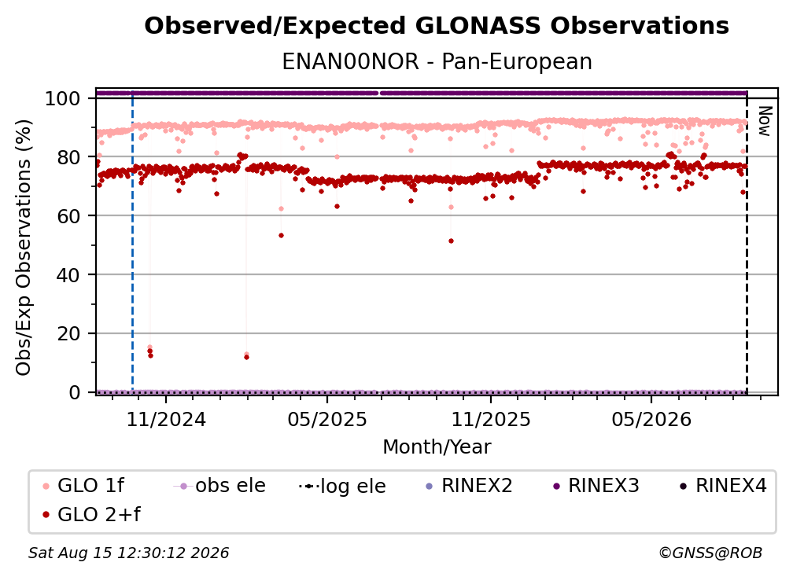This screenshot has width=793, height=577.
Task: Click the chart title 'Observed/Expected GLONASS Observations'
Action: click(x=437, y=26)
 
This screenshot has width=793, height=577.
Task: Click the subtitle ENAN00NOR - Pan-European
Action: click(x=437, y=61)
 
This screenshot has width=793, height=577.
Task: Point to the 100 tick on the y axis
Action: click(x=63, y=98)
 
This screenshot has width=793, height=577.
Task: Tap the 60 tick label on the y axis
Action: click(x=68, y=216)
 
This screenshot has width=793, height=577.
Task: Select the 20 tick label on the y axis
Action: click(x=68, y=334)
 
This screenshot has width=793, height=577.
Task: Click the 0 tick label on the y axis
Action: click(x=74, y=392)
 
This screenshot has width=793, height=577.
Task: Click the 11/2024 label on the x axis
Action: click(x=166, y=419)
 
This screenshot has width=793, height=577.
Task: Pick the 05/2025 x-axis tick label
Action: click(x=327, y=419)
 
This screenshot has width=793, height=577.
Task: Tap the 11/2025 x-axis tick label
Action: click(x=491, y=419)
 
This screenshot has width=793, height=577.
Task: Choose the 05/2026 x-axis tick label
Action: click(x=651, y=419)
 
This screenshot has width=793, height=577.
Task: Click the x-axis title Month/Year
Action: click(x=437, y=447)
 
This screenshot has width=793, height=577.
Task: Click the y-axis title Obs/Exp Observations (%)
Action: click(x=24, y=248)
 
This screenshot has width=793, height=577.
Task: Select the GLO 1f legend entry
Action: click(x=83, y=486)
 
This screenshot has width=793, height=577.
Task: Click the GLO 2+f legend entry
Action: click(x=91, y=515)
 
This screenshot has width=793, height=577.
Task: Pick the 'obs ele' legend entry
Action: click(x=219, y=486)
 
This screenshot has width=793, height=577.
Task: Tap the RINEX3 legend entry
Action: click(x=596, y=486)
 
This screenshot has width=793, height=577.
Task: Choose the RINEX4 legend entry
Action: click(x=723, y=486)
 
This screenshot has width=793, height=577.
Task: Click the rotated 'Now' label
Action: click(x=764, y=121)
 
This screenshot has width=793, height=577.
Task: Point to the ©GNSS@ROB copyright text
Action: click(x=710, y=553)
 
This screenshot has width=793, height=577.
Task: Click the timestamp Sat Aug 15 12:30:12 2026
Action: click(x=129, y=553)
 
